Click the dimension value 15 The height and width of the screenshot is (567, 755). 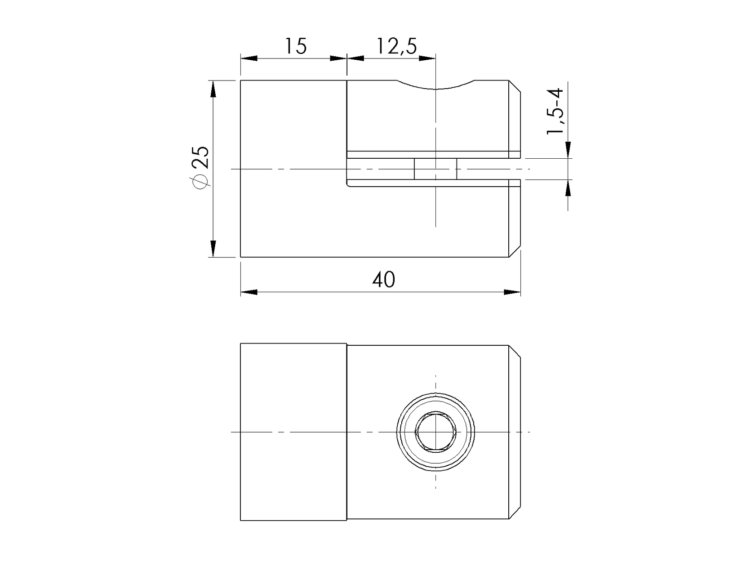tap(296, 46)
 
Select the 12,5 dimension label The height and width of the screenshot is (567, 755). tap(396, 46)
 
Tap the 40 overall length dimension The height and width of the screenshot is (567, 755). tap(383, 280)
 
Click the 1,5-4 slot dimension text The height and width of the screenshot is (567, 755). tap(555, 112)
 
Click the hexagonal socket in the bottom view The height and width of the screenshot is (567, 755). tap(436, 432)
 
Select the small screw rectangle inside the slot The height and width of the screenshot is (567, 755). tap(435, 169)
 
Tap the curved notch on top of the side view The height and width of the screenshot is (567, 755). tap(435, 85)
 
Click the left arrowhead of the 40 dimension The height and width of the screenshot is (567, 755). tap(248, 292)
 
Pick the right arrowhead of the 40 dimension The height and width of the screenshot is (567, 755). tap(513, 292)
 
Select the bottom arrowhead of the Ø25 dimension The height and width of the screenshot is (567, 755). tap(213, 249)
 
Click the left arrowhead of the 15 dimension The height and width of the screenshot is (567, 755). tap(248, 58)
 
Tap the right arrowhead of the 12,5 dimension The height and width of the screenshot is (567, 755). tap(428, 58)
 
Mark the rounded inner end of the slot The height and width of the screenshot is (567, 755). tap(348, 183)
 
